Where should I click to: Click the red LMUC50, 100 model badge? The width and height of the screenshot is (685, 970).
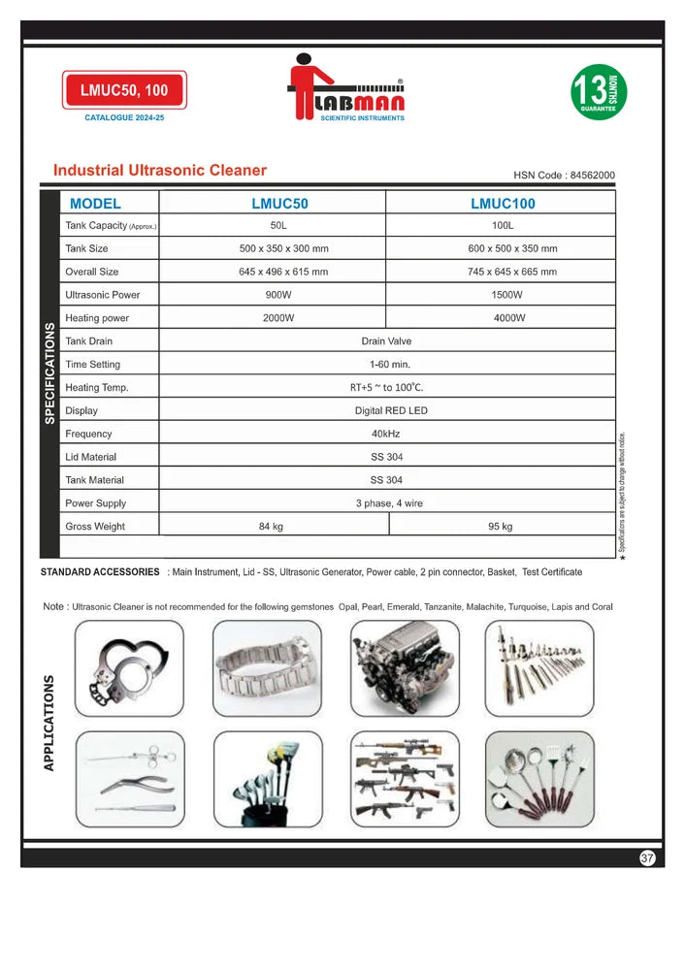(124, 90)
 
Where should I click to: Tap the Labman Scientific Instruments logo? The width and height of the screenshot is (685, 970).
(349, 87)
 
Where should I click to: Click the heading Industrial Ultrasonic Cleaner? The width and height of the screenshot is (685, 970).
(160, 171)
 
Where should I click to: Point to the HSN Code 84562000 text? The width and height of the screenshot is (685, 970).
(564, 176)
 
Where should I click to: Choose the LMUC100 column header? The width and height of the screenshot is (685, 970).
(503, 204)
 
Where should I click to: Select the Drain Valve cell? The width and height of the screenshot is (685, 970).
(386, 341)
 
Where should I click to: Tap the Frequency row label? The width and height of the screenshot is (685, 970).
(88, 434)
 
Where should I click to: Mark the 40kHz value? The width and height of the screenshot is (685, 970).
(386, 434)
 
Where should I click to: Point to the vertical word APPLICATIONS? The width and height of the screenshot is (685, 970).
(49, 723)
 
